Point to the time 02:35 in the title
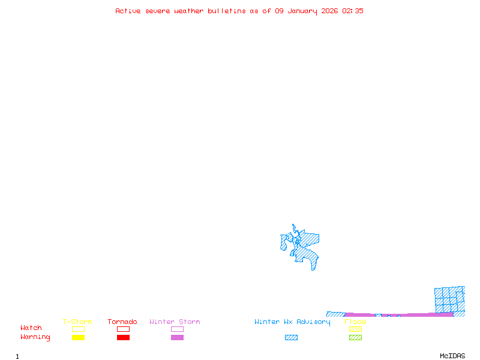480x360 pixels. pyautogui.click(x=353, y=11)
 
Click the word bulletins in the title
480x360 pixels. pyautogui.click(x=227, y=11)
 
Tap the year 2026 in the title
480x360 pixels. pyautogui.click(x=329, y=11)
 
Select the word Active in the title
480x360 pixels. pyautogui.click(x=128, y=11)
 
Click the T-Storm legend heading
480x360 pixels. pyautogui.click(x=77, y=322)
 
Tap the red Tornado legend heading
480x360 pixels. pyautogui.click(x=122, y=322)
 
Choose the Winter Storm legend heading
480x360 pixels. pyautogui.click(x=175, y=322)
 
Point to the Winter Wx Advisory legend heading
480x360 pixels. pyautogui.click(x=292, y=322)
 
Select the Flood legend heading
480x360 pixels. pyautogui.click(x=355, y=322)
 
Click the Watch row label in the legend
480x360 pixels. pyautogui.click(x=31, y=328)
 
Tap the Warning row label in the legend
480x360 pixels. pyautogui.click(x=35, y=337)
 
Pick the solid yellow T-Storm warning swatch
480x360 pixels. pyautogui.click(x=78, y=338)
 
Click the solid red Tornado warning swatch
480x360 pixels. pyautogui.click(x=123, y=338)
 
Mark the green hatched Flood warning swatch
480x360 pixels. pyautogui.click(x=355, y=338)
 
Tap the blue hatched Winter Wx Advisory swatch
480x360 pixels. pyautogui.click(x=291, y=338)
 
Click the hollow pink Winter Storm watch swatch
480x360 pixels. pyautogui.click(x=177, y=329)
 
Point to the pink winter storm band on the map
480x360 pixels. pyautogui.click(x=420, y=314)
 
